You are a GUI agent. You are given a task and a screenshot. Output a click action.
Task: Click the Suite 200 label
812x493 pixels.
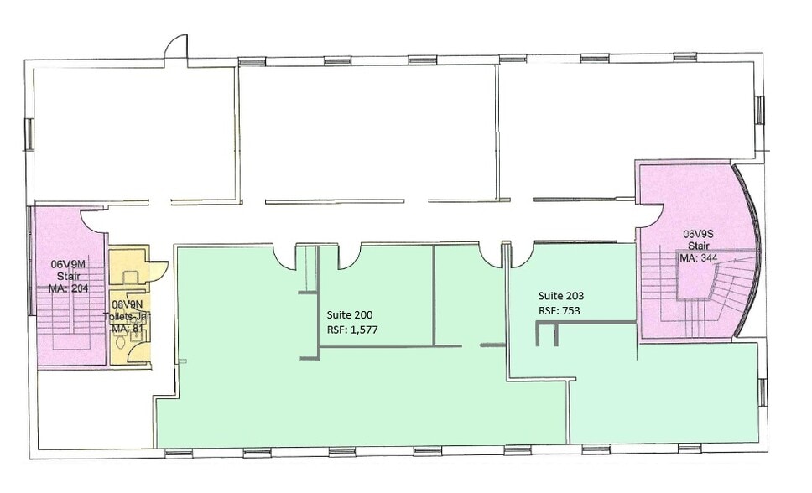click(x=349, y=314)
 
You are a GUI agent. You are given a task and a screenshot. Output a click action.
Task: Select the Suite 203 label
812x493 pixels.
click(x=561, y=296)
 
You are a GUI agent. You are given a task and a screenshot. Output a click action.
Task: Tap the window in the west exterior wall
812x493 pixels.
click(x=29, y=134)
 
